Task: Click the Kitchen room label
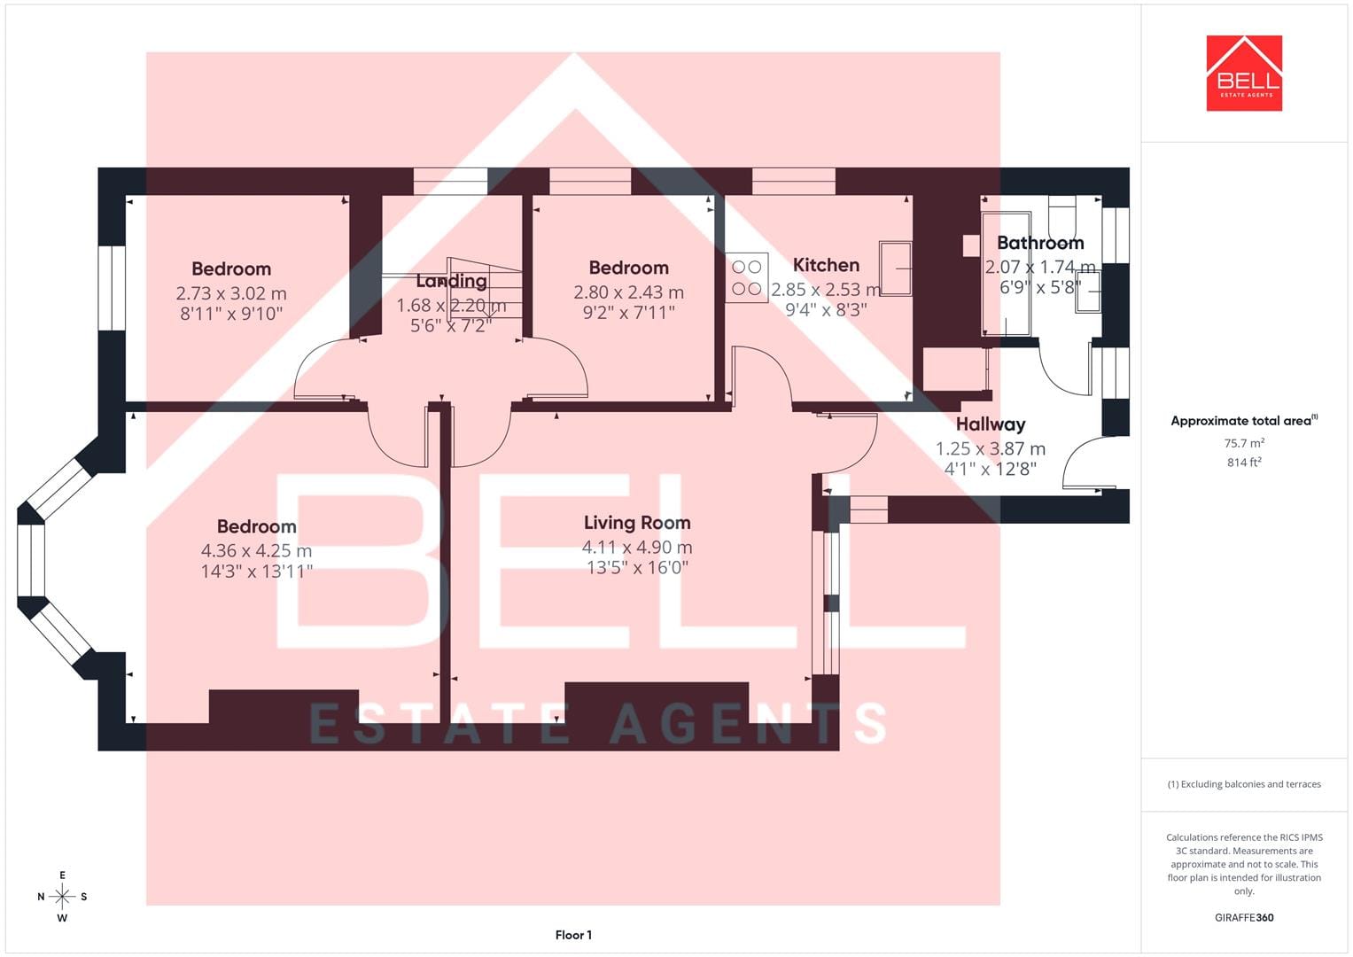tap(826, 265)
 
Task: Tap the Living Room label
tap(637, 523)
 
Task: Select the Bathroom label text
tap(1040, 243)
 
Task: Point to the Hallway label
tap(991, 424)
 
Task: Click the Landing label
tap(451, 281)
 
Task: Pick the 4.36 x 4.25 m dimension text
tap(256, 550)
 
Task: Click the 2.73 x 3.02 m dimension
tap(231, 293)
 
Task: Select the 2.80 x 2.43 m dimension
tap(629, 292)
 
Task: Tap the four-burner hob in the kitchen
tap(747, 277)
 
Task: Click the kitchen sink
tap(895, 268)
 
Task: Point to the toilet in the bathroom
tap(1061, 216)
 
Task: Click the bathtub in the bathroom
tap(1006, 274)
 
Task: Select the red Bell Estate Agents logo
tap(1244, 73)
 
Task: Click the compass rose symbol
tap(62, 897)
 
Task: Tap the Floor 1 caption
tap(573, 935)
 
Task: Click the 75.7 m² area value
tap(1244, 443)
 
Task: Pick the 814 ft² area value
tap(1244, 463)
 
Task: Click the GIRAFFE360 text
tap(1244, 918)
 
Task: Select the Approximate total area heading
tap(1244, 421)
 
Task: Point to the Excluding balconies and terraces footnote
tap(1244, 784)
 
